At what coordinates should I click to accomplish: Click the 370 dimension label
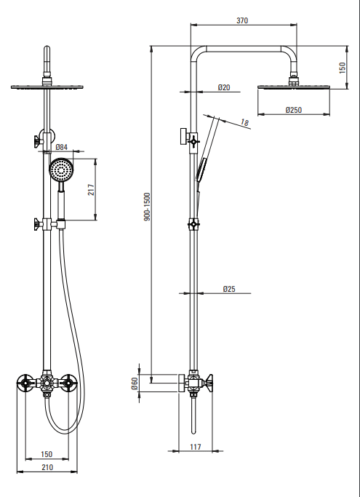[242, 20]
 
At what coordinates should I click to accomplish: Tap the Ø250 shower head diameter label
[294, 110]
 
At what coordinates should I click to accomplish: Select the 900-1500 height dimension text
[147, 207]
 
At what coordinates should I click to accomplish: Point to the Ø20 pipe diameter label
[224, 87]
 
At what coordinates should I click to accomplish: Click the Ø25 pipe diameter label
[229, 289]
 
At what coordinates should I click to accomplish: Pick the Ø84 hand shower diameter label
[62, 147]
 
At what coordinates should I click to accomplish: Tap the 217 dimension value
[91, 189]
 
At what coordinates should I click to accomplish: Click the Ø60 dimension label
[135, 383]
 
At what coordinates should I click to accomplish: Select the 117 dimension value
[196, 447]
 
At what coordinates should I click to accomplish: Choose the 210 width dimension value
[47, 467]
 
